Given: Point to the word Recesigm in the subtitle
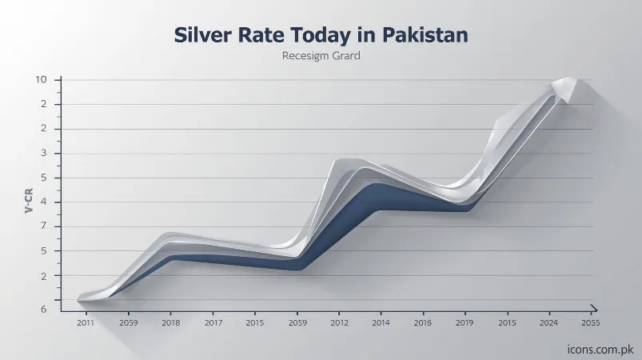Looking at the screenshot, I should [x=307, y=57].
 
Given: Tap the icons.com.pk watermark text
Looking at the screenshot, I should [x=598, y=349].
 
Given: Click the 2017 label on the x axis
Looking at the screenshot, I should [x=213, y=322].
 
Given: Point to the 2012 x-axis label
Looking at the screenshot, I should [x=339, y=322].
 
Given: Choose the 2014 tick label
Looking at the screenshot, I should [x=381, y=322].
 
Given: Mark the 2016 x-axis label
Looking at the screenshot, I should [x=423, y=322].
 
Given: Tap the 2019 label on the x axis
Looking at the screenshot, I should [x=465, y=322].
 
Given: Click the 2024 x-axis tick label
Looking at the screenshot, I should [x=548, y=322].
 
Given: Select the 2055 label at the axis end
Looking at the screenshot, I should [x=591, y=322].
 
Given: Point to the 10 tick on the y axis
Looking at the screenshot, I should [x=41, y=79].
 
